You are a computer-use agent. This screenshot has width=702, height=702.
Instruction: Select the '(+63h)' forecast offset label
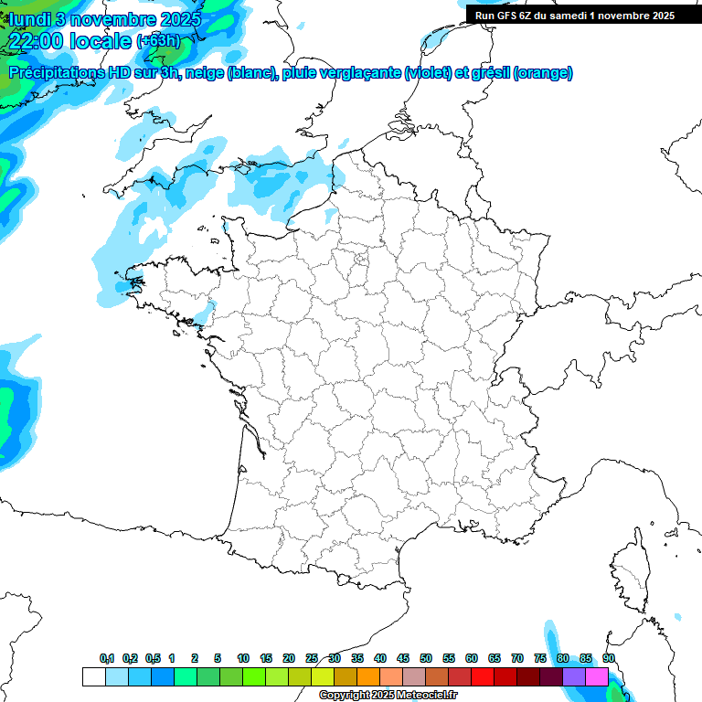click(x=159, y=41)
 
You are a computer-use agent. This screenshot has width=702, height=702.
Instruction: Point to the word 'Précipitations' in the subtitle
click(x=54, y=73)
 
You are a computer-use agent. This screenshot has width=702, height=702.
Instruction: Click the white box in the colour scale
click(x=93, y=676)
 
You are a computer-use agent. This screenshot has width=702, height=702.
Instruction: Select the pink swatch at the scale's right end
click(x=597, y=676)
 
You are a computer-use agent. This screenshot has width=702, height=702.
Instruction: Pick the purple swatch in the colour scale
click(x=574, y=676)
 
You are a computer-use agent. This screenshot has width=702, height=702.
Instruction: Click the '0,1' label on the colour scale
click(x=107, y=659)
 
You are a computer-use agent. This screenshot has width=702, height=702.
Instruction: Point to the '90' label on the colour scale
click(x=608, y=659)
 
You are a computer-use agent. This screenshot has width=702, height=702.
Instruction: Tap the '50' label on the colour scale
click(x=426, y=659)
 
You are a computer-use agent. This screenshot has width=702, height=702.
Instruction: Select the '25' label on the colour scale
click(x=312, y=659)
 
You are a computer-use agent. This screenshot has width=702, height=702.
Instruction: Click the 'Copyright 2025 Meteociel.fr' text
click(x=388, y=696)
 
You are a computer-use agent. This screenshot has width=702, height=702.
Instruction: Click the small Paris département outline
click(x=361, y=259)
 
